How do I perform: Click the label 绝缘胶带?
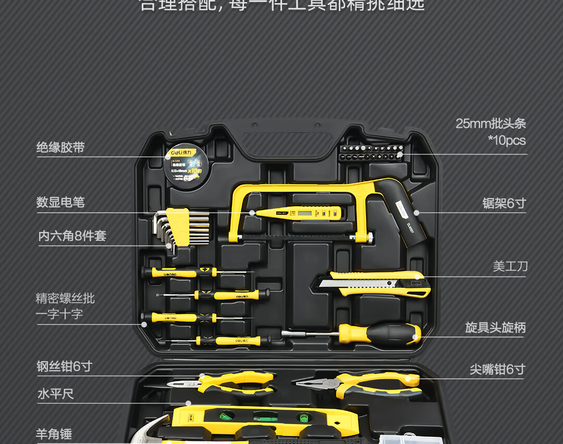pyautogui.click(x=60, y=147)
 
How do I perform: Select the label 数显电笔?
pyautogui.click(x=60, y=202)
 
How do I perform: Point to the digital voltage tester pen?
pyautogui.click(x=297, y=212)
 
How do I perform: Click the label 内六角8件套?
pyautogui.click(x=72, y=236)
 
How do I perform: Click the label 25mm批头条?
pyautogui.click(x=491, y=124)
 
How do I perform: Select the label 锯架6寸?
pyautogui.click(x=504, y=203)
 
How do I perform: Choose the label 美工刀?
pyautogui.click(x=510, y=266)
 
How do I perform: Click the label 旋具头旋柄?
pyautogui.click(x=495, y=327)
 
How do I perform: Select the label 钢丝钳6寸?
pyautogui.click(x=64, y=366)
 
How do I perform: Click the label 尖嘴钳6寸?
pyautogui.click(x=497, y=369)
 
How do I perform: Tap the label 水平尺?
pyautogui.click(x=55, y=394)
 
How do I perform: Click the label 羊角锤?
pyautogui.click(x=54, y=434)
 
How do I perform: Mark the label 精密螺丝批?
pyautogui.click(x=65, y=298)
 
